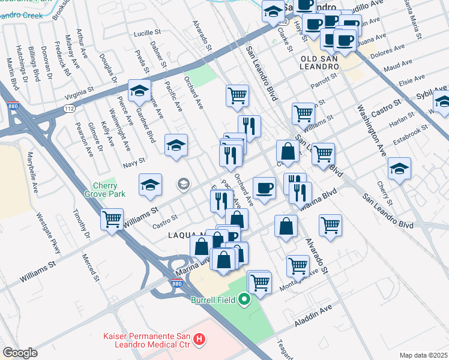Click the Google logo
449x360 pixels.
(x=20, y=353)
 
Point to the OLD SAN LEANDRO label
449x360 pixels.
(x=322, y=62)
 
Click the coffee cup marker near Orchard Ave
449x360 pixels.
(x=264, y=188)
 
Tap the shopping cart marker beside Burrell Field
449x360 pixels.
(x=259, y=281)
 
